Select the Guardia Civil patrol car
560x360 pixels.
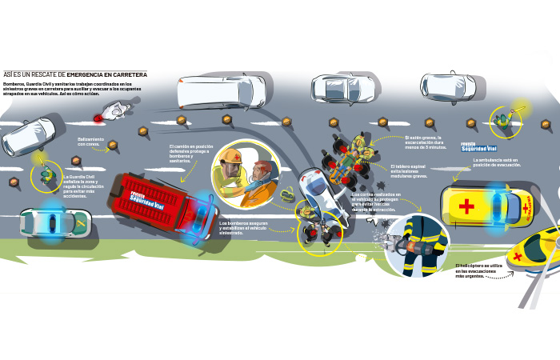51,221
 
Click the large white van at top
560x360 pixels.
210,91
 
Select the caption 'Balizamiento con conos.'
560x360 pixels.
90,142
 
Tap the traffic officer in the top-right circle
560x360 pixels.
504,120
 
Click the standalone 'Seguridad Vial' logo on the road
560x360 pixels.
478,147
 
